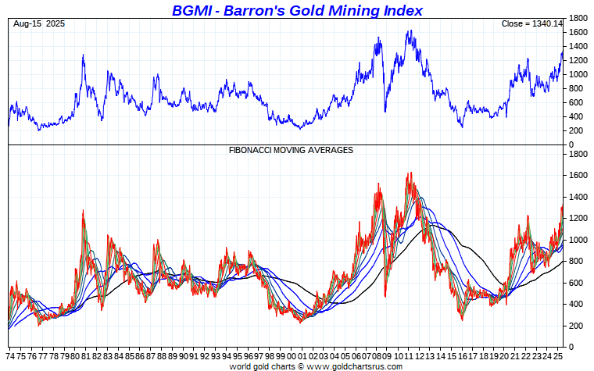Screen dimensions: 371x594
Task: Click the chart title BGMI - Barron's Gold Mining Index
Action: pyautogui.click(x=297, y=10)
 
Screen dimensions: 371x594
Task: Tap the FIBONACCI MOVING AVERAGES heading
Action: pyautogui.click(x=291, y=149)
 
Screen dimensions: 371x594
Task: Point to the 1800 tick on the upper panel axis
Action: pyautogui.click(x=578, y=18)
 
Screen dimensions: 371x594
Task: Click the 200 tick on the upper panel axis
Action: pyautogui.click(x=576, y=130)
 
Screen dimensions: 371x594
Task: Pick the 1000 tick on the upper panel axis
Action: pyautogui.click(x=578, y=74)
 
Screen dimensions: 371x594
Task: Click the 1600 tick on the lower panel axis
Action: pyautogui.click(x=578, y=176)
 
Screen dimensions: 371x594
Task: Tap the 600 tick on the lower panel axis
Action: pyautogui.click(x=576, y=283)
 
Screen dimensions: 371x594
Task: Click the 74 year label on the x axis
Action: pyautogui.click(x=12, y=355)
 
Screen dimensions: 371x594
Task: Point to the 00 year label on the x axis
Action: pyautogui.click(x=291, y=355)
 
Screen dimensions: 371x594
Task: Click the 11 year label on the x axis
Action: pyautogui.click(x=409, y=355)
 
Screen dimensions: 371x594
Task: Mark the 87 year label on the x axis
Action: pyautogui.click(x=151, y=355)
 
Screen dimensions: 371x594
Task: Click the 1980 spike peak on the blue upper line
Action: pyautogui.click(x=83, y=55)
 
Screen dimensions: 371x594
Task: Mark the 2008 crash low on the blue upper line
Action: pyautogui.click(x=385, y=112)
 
